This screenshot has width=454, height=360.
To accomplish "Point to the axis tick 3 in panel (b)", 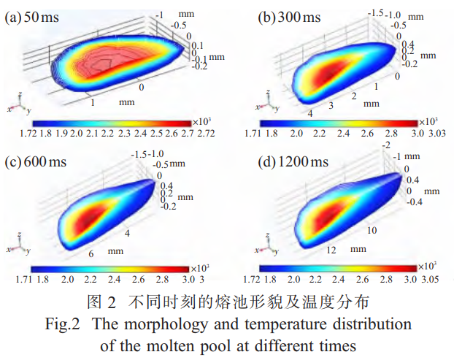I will (x=330, y=107).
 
